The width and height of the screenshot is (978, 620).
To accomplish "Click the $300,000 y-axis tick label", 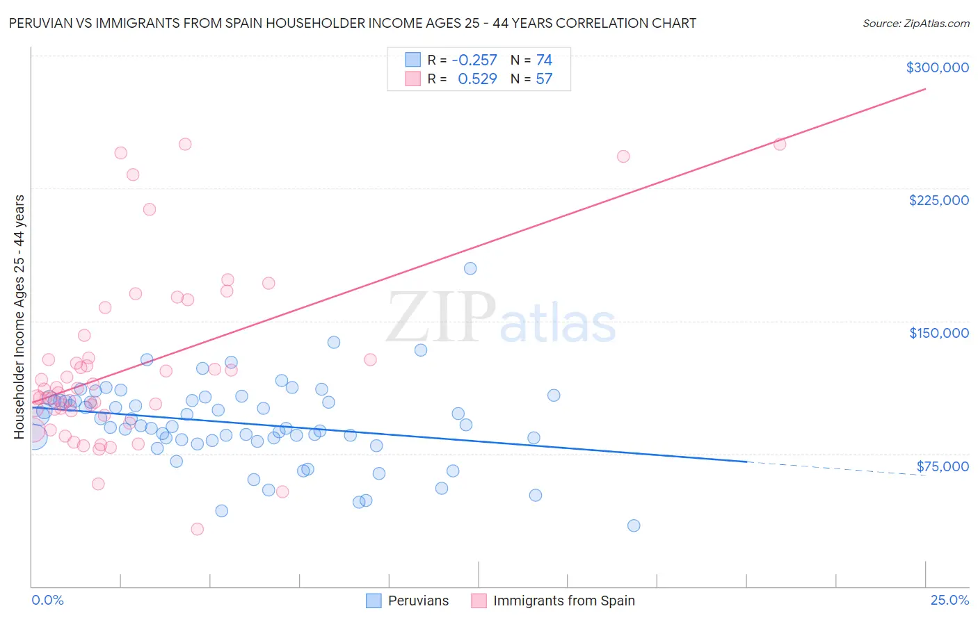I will click(x=937, y=67).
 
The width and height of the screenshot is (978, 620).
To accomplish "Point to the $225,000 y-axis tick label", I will click(x=938, y=200).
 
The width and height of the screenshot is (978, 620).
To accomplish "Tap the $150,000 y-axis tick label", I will click(x=938, y=333).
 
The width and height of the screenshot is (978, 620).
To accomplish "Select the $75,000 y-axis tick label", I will click(x=943, y=466).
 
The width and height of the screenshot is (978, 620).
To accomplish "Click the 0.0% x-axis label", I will click(x=47, y=600).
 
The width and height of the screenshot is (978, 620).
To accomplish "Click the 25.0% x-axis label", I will click(x=949, y=600).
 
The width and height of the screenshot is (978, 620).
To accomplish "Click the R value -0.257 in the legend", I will click(x=474, y=60).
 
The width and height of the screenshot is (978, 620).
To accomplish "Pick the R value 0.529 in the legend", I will click(x=477, y=79).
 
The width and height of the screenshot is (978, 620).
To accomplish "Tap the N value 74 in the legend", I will click(x=544, y=60).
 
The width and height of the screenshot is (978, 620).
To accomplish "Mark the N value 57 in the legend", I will click(x=544, y=79).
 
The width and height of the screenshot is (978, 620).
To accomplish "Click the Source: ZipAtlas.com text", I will click(x=915, y=24).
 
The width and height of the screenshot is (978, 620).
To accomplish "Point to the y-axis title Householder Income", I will click(x=19, y=316).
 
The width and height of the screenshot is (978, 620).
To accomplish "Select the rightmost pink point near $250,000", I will click(x=780, y=144).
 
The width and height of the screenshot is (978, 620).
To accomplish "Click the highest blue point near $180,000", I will click(x=470, y=268).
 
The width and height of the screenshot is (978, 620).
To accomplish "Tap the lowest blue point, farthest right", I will click(x=634, y=525).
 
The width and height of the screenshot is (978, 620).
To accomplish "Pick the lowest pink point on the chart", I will click(x=198, y=529).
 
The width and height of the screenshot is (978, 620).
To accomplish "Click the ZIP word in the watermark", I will click(x=441, y=318).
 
